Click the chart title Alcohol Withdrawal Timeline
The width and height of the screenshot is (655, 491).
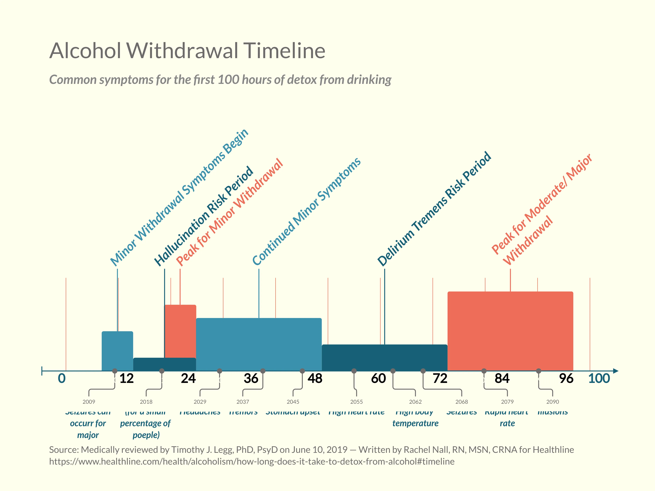coord(187,51)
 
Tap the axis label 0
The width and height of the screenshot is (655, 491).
coord(62,378)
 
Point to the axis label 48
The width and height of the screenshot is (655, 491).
coord(315,378)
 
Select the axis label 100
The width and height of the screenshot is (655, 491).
coord(599,378)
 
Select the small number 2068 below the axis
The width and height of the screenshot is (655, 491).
coord(461,402)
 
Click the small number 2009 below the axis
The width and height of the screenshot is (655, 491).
coord(89,402)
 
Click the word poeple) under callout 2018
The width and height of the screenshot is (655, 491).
coord(146,435)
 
